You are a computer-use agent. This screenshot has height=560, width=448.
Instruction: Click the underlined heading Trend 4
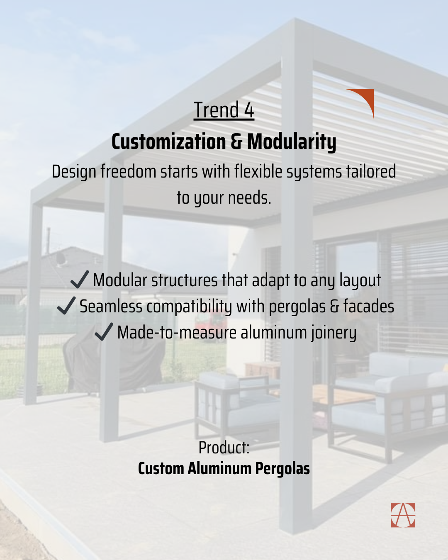pyautogui.click(x=224, y=110)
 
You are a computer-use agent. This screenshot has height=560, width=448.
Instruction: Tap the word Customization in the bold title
pyautogui.click(x=169, y=142)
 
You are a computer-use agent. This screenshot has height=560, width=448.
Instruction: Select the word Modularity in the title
pyautogui.click(x=292, y=142)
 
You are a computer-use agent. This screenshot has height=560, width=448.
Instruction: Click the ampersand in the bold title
pyautogui.click(x=236, y=142)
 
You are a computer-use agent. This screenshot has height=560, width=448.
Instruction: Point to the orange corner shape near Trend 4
pyautogui.click(x=365, y=97)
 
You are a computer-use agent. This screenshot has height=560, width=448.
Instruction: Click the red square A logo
pyautogui.click(x=403, y=515)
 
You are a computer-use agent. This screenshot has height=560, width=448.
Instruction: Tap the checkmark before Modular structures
pyautogui.click(x=80, y=280)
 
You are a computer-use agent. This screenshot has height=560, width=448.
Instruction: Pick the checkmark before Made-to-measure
pyautogui.click(x=104, y=331)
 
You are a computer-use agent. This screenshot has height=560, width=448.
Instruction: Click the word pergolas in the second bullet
pyautogui.click(x=297, y=307)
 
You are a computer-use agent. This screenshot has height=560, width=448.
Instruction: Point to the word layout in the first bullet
pyautogui.click(x=360, y=281)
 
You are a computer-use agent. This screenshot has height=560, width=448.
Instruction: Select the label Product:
pyautogui.click(x=224, y=448)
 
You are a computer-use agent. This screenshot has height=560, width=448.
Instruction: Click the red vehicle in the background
pyautogui.click(x=208, y=323)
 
